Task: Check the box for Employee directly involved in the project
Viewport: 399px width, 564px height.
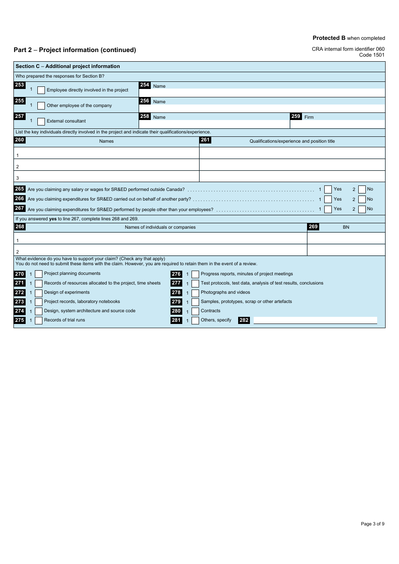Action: click(x=41, y=90)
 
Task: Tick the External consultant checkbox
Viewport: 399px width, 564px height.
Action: click(x=41, y=121)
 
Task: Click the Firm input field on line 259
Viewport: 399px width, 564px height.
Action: click(x=337, y=124)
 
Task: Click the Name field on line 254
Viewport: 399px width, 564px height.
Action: click(x=262, y=93)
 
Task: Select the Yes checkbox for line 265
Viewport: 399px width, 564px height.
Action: click(x=328, y=190)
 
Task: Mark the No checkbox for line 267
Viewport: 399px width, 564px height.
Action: click(x=362, y=209)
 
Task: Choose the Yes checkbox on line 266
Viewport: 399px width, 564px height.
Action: click(x=328, y=199)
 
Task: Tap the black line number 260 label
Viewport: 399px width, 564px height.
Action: click(x=20, y=140)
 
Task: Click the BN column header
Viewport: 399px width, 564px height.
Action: click(x=346, y=227)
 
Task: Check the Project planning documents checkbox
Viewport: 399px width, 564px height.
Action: click(x=39, y=274)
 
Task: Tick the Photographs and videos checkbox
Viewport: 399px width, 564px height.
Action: click(x=195, y=293)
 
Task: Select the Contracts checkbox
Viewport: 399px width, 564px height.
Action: click(x=195, y=311)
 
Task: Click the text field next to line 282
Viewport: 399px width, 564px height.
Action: click(x=315, y=320)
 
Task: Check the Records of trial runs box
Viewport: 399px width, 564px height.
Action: click(x=39, y=321)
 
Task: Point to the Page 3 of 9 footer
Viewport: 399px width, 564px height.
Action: click(x=372, y=524)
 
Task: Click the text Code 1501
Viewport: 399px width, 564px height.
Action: click(x=371, y=55)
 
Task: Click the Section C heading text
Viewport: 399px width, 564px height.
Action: click(x=68, y=66)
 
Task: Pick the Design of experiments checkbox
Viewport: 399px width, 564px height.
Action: click(x=39, y=293)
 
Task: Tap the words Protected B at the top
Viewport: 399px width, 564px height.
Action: click(x=329, y=38)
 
